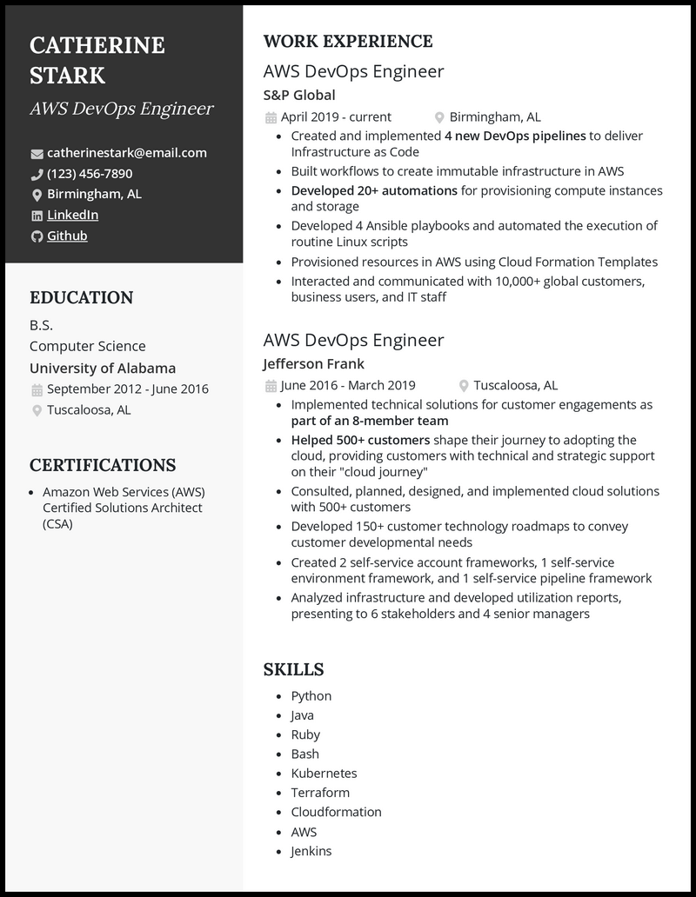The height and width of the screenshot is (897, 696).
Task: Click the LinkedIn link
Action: [x=72, y=215]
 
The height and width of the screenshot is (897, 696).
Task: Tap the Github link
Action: [x=67, y=236]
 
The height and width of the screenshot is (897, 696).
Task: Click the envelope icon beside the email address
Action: [x=37, y=154]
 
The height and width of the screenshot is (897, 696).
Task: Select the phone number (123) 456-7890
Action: [x=90, y=174]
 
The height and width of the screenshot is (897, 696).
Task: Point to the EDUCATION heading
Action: [x=82, y=297]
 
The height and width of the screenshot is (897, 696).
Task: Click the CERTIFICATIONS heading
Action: [x=103, y=465]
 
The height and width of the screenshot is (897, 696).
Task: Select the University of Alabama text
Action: [x=103, y=368]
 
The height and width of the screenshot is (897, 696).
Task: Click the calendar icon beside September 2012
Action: [x=37, y=389]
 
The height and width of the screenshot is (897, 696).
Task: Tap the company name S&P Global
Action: [x=299, y=95]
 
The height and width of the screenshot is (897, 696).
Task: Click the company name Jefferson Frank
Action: [x=314, y=363]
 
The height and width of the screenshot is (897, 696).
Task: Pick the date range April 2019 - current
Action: [x=336, y=116]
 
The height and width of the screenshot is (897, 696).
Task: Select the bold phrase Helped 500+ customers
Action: [x=360, y=440]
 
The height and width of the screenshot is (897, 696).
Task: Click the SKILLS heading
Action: [x=293, y=669]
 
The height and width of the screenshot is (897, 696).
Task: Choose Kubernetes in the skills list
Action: [x=324, y=773]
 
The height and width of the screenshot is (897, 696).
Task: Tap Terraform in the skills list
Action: [x=320, y=792]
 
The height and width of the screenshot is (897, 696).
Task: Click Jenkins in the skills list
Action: [x=311, y=851]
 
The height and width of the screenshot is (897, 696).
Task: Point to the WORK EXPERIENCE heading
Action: [x=348, y=41]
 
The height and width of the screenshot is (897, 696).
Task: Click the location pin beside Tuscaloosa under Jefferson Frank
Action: [x=464, y=386]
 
